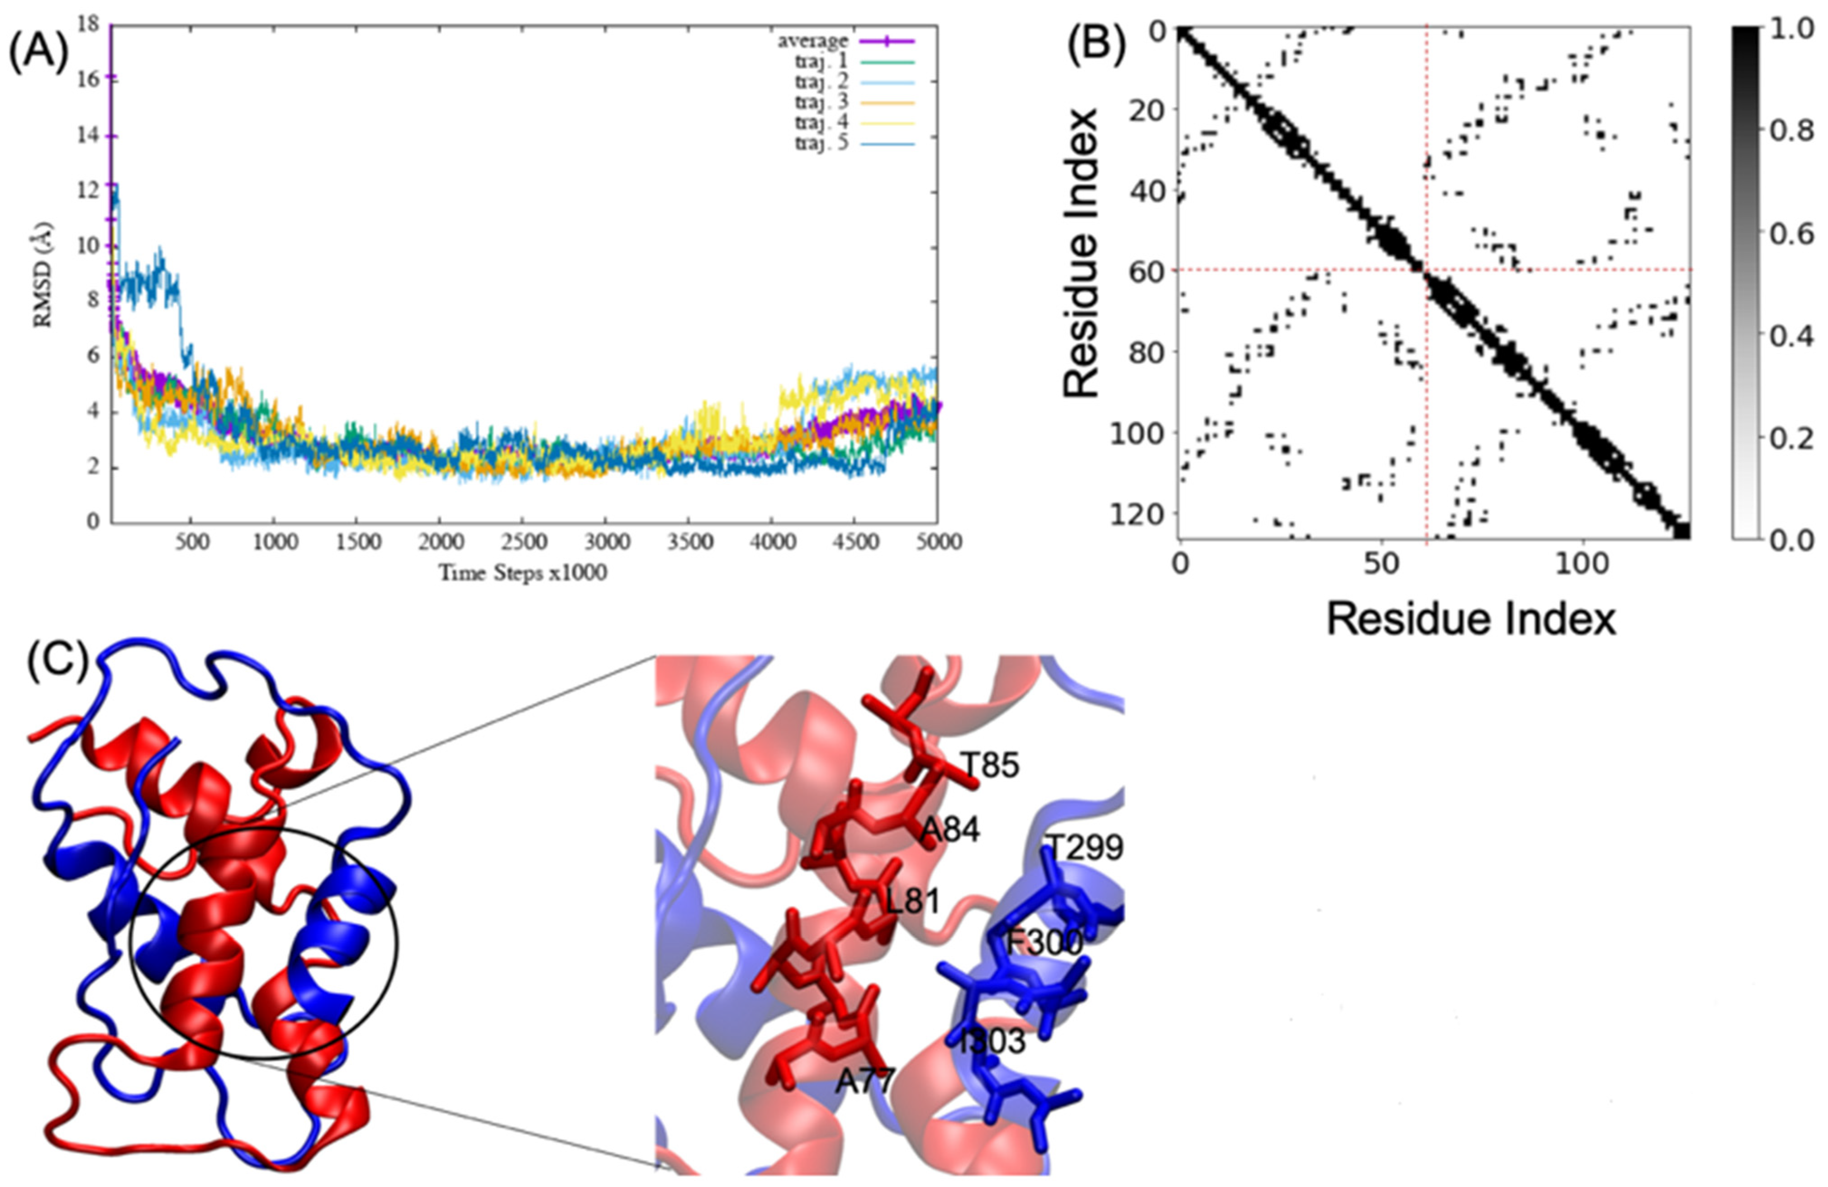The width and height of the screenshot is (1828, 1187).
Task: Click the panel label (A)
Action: pyautogui.click(x=38, y=55)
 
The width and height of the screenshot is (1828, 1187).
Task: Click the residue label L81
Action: pyautogui.click(x=912, y=901)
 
